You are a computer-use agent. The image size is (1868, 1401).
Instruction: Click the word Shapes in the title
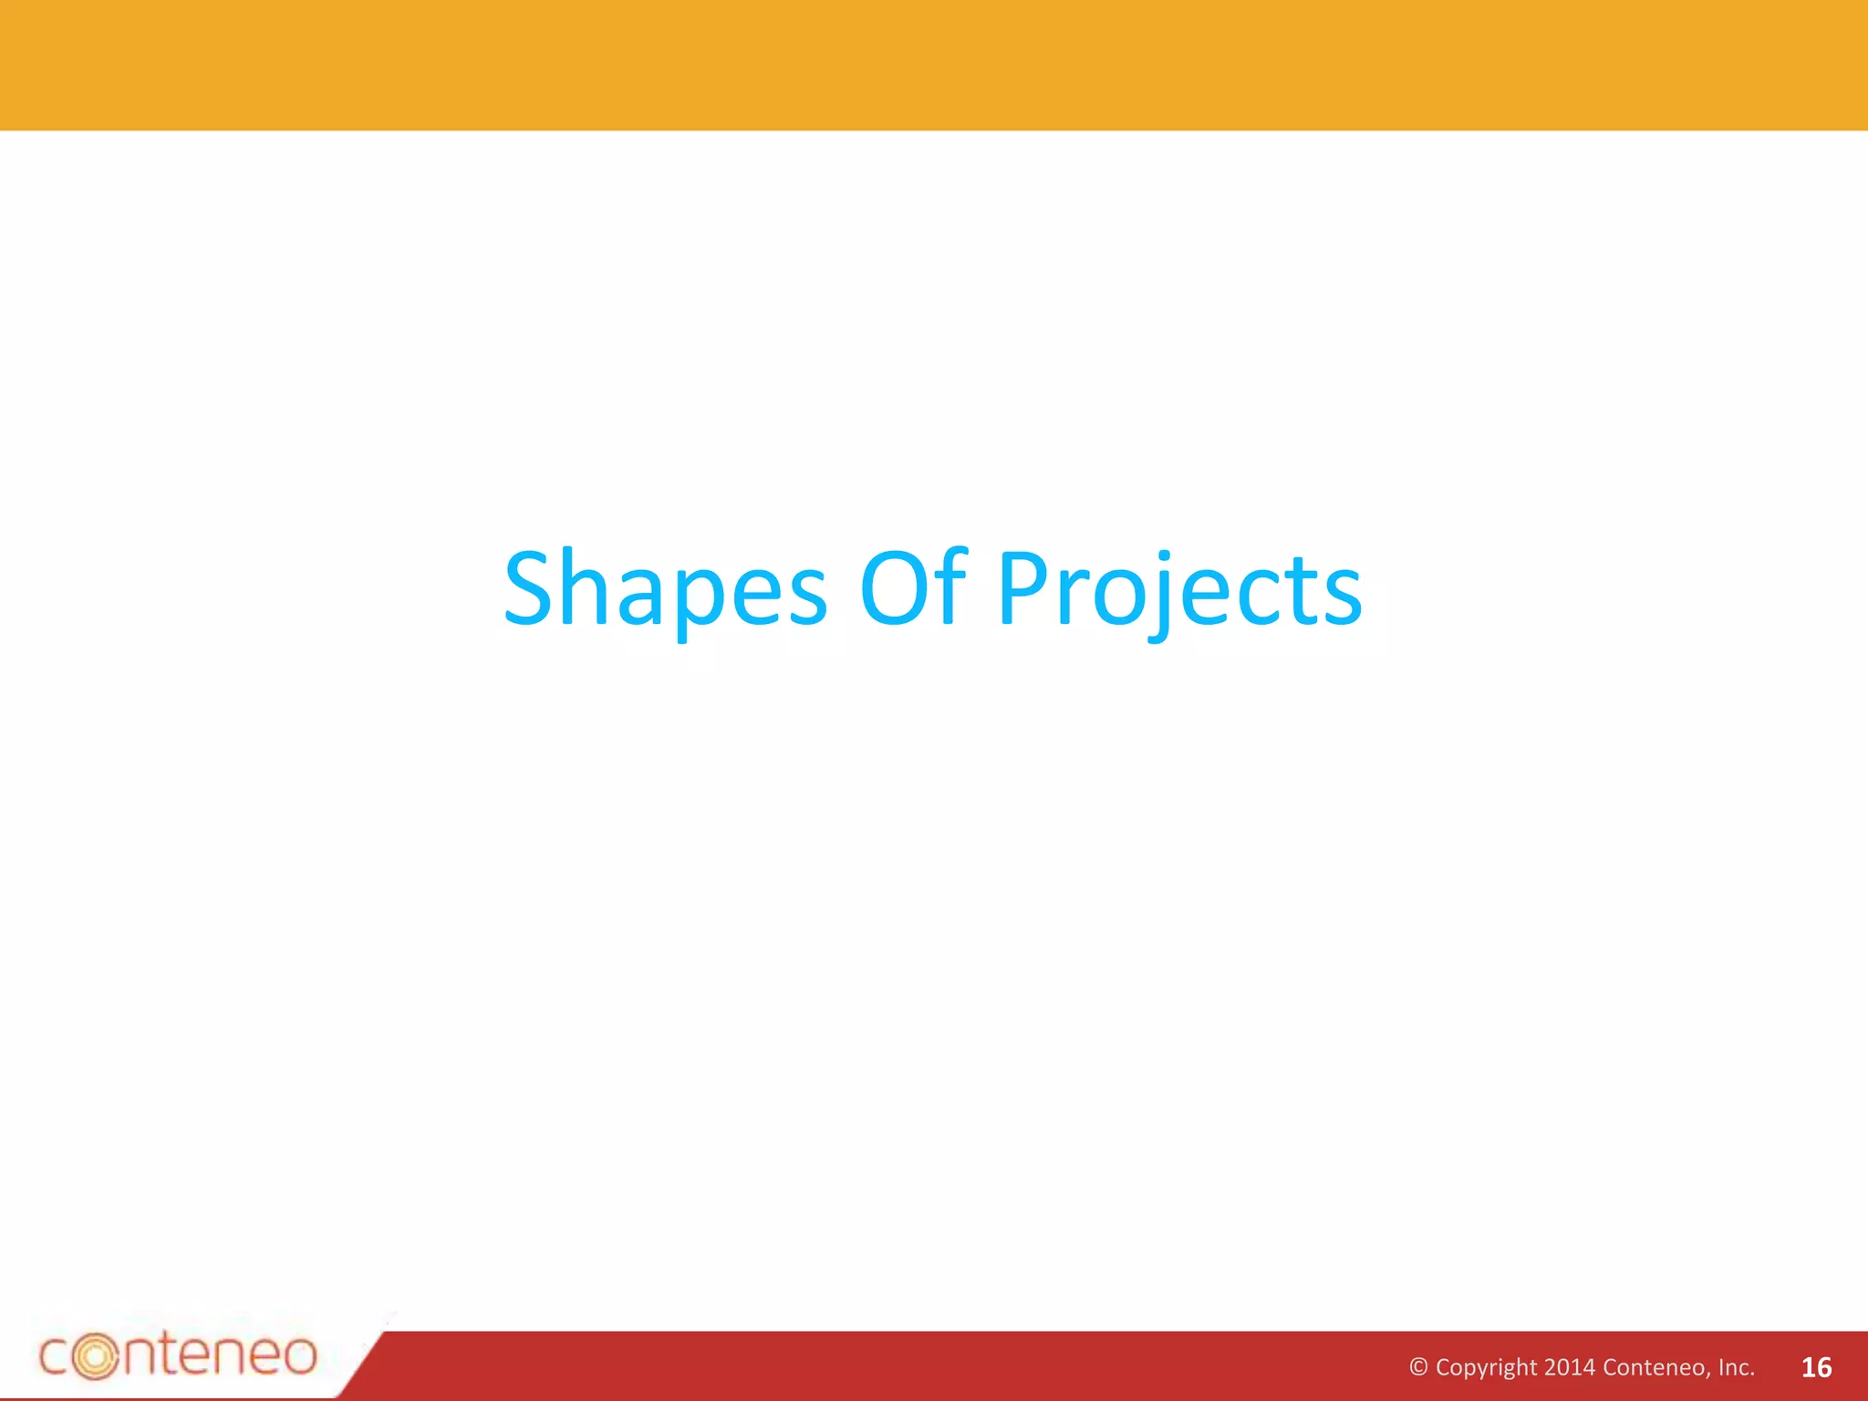point(666,591)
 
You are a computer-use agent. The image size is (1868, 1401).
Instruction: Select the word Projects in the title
point(1179,591)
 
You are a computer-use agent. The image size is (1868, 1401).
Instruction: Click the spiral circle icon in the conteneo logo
point(96,1356)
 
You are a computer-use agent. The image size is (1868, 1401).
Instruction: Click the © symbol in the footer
point(1418,1366)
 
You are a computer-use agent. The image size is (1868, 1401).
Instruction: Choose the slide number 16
point(1816,1367)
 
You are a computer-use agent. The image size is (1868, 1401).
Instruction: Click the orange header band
point(934,65)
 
